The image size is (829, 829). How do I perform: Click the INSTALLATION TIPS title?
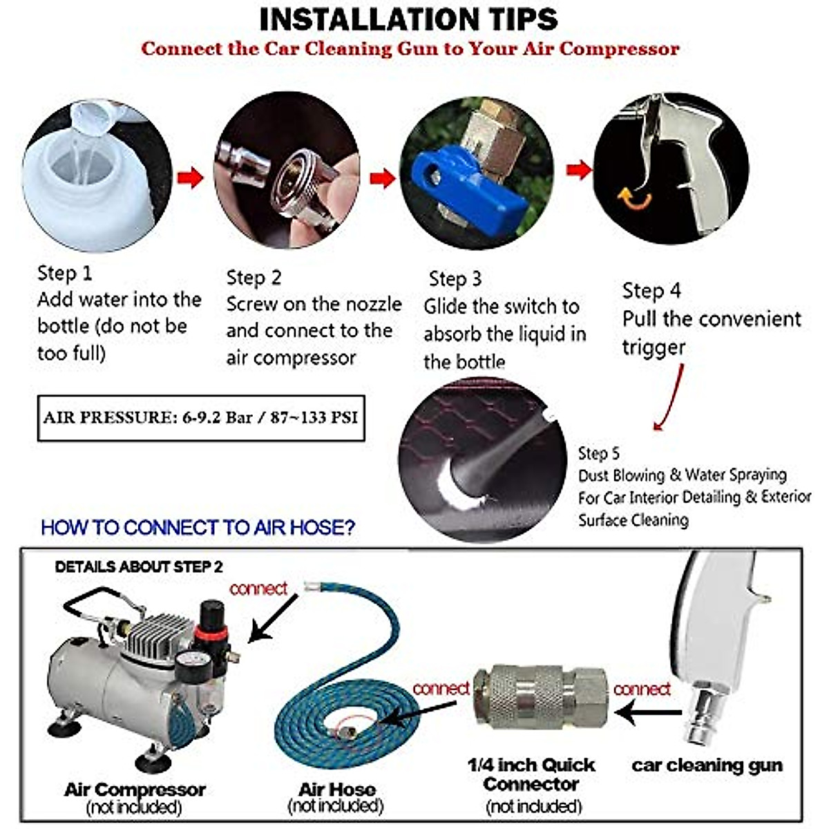408,20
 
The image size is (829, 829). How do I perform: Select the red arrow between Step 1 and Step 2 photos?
190,178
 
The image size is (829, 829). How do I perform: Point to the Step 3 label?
455,279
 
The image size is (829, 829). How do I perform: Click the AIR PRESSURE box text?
200,418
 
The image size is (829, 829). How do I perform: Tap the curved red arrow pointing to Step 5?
669,397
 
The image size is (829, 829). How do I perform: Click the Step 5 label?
598,453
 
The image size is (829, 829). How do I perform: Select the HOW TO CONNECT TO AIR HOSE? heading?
198,527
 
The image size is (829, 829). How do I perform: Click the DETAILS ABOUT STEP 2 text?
139,567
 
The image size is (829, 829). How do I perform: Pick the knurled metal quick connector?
540,696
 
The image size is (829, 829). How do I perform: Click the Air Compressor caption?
135,790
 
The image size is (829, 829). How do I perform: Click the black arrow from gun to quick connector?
648,712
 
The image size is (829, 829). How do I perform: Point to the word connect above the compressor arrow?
258,589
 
